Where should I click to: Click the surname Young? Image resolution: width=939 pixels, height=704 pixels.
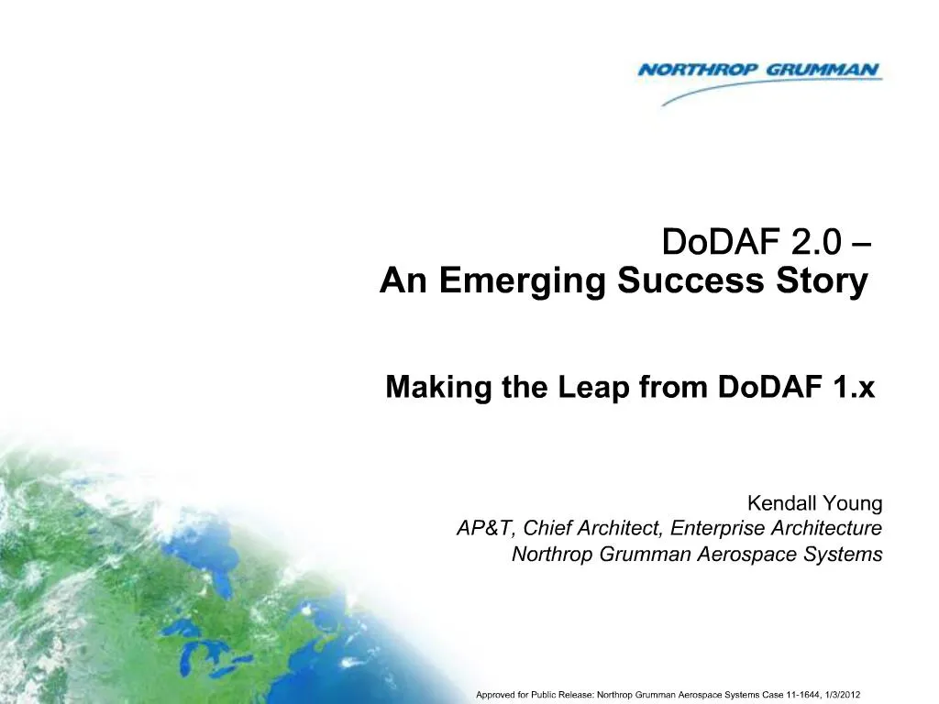coord(855,503)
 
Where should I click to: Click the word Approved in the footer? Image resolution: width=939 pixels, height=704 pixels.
coord(495,694)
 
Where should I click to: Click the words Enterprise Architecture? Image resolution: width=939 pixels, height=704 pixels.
coord(776,529)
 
